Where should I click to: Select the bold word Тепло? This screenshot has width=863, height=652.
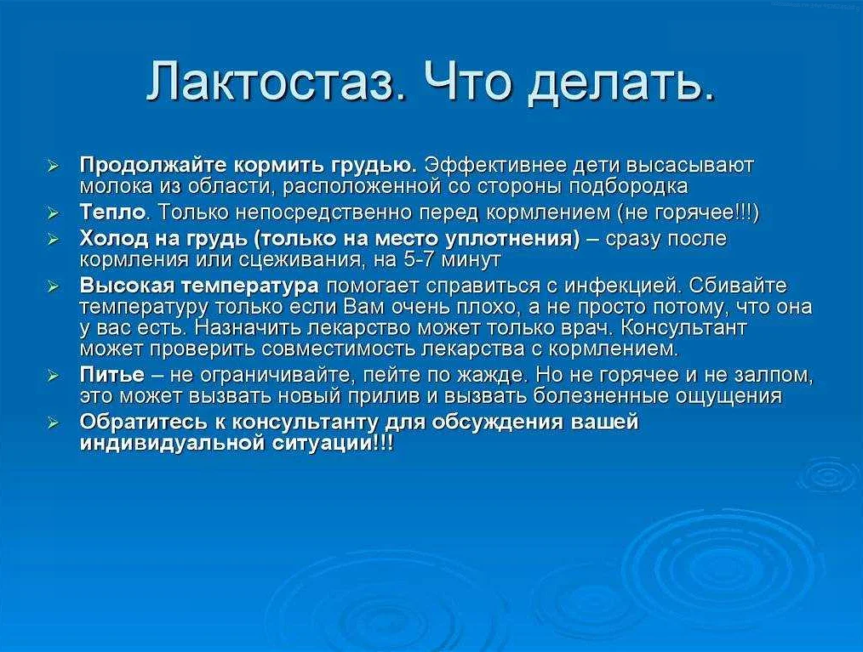[113, 212]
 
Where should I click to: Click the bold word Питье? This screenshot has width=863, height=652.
[112, 375]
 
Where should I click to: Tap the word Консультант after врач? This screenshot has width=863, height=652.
[683, 327]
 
